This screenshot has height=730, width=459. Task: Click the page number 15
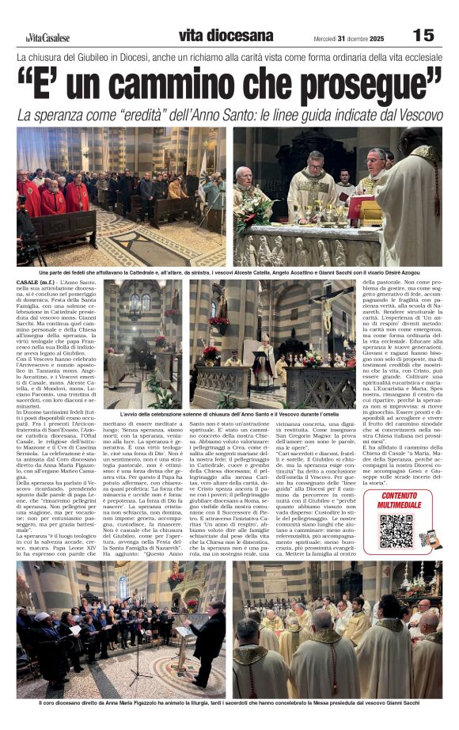pos(424,34)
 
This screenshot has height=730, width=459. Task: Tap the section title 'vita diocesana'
pos(226,35)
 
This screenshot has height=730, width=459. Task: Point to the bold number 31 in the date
pos(343,36)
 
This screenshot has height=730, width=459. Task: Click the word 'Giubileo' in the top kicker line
pos(129,58)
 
